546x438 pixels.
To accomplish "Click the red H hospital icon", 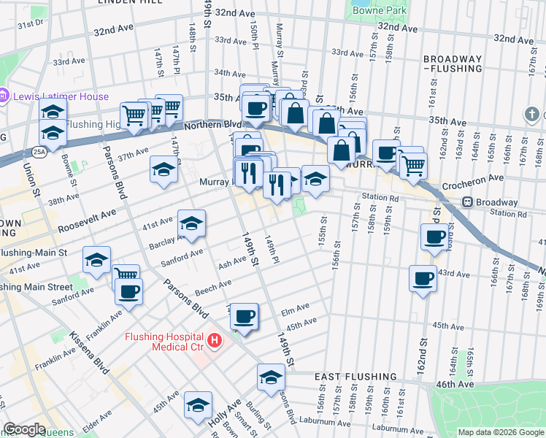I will pyautogui.click(x=214, y=340).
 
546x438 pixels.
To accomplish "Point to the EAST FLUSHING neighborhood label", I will pyautogui.click(x=355, y=377).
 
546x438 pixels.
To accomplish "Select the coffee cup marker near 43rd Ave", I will pyautogui.click(x=422, y=278).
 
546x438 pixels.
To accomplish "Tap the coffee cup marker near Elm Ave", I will pyautogui.click(x=245, y=316).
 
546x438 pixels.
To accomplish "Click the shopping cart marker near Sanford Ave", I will pyautogui.click(x=126, y=275).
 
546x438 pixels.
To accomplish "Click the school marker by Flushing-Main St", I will pyautogui.click(x=96, y=260).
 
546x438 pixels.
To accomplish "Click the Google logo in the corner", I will pyautogui.click(x=24, y=429).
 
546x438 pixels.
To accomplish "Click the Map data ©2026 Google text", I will pyautogui.click(x=500, y=432).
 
